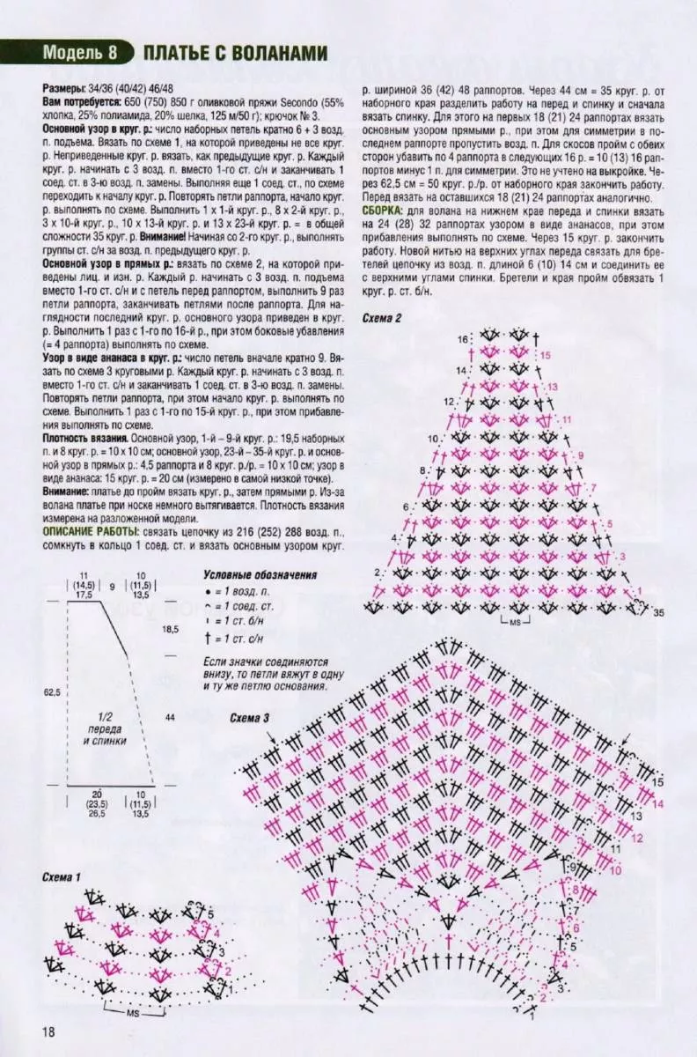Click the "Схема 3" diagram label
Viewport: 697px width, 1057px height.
coord(250,718)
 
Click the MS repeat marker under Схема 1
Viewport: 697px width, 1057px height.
coord(134,1014)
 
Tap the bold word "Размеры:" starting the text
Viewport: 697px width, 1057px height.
coord(65,91)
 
